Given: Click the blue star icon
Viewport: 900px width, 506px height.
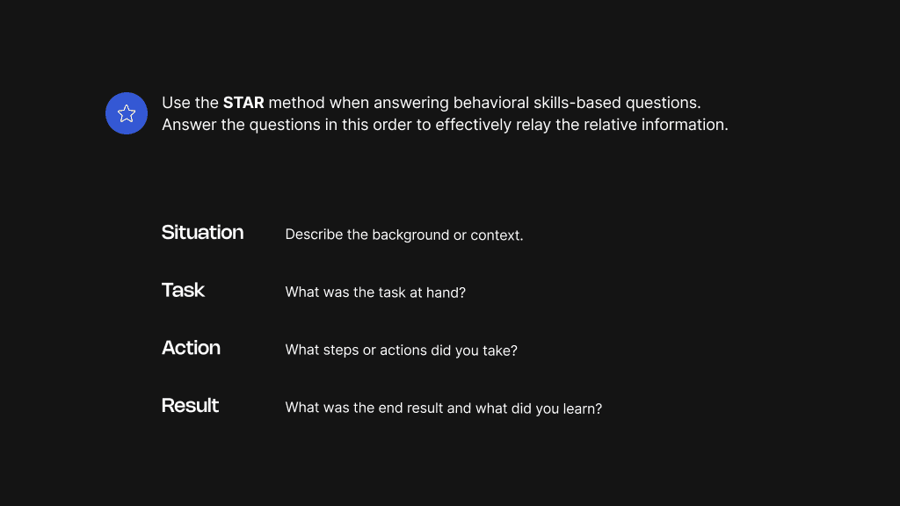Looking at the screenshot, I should click(x=127, y=113).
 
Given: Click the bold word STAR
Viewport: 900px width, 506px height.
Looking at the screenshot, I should click(x=243, y=103).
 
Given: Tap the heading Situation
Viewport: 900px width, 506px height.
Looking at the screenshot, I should click(x=202, y=233).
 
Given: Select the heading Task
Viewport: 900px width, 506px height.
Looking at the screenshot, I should click(x=183, y=291).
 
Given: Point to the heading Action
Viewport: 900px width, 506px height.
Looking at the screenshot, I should click(x=191, y=348).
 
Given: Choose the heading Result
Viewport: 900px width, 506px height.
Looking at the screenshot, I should click(x=190, y=406).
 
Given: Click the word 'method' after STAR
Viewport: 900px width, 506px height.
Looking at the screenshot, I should click(x=296, y=103).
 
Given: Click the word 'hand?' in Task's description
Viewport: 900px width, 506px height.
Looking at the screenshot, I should click(x=446, y=293).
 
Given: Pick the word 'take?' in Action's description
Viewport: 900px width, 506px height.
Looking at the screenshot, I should click(x=499, y=351).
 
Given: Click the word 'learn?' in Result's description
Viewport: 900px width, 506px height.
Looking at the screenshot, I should click(x=581, y=408).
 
